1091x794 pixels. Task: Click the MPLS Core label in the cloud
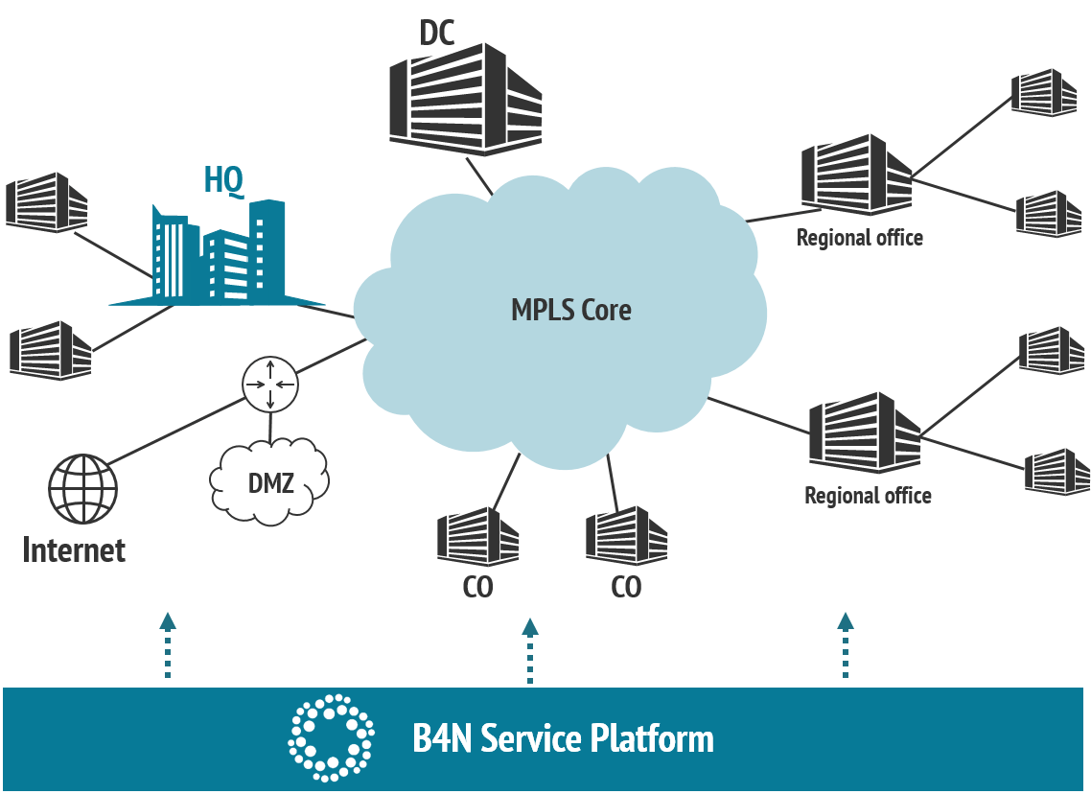coord(570,310)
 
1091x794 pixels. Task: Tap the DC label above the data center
coord(437,33)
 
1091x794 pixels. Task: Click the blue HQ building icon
coord(221,254)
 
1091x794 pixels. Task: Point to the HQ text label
coord(222,179)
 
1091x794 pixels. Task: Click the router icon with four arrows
coord(270,385)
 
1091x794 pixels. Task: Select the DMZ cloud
coord(269,481)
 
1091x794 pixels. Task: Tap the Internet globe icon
coord(82,488)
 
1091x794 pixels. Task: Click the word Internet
coord(74,550)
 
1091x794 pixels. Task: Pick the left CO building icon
coord(477,537)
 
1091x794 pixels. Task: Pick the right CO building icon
coord(626,537)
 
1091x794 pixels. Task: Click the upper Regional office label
coord(860,238)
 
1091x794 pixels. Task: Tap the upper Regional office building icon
coord(857,175)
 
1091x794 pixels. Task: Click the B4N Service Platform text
coord(563,739)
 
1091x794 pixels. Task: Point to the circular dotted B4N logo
coord(331,736)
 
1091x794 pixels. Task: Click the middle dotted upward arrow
coord(530,650)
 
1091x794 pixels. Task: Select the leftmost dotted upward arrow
coord(168,644)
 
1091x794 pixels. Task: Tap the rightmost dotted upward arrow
coord(846,644)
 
